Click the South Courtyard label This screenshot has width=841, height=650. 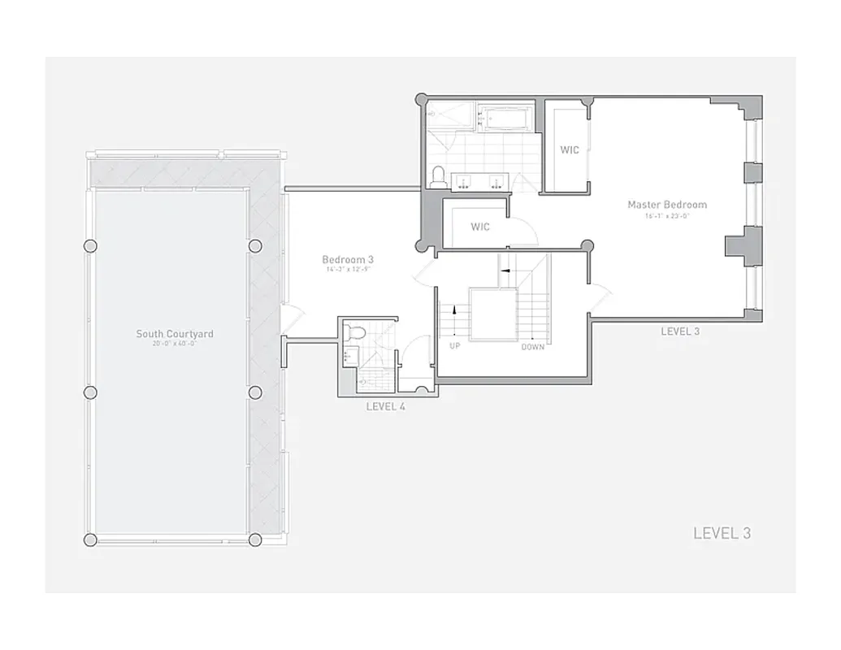click(x=175, y=333)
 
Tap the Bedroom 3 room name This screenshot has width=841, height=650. click(x=347, y=260)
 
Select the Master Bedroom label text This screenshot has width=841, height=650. click(x=667, y=205)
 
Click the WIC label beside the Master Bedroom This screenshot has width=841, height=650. click(x=570, y=150)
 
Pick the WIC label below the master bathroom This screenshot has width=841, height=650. click(x=480, y=227)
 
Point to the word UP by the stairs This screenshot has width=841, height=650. click(x=455, y=345)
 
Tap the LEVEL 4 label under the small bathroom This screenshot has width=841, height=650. click(x=386, y=406)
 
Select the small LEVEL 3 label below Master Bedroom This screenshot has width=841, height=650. click(x=680, y=331)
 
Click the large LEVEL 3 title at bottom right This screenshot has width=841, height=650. click(x=722, y=534)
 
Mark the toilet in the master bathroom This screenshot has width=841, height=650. click(x=439, y=177)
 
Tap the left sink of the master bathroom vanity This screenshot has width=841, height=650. click(x=464, y=181)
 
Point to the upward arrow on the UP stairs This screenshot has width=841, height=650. click(x=454, y=309)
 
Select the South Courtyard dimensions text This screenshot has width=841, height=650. click(x=175, y=344)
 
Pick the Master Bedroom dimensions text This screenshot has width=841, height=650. click(x=667, y=216)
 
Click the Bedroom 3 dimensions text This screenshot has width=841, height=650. click(x=347, y=270)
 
